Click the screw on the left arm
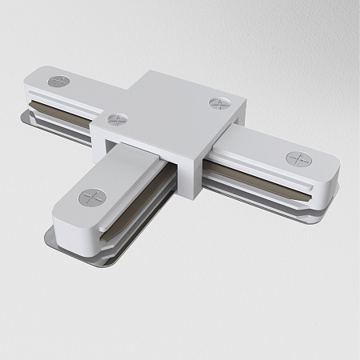[59, 82]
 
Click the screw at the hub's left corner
[116, 119]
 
